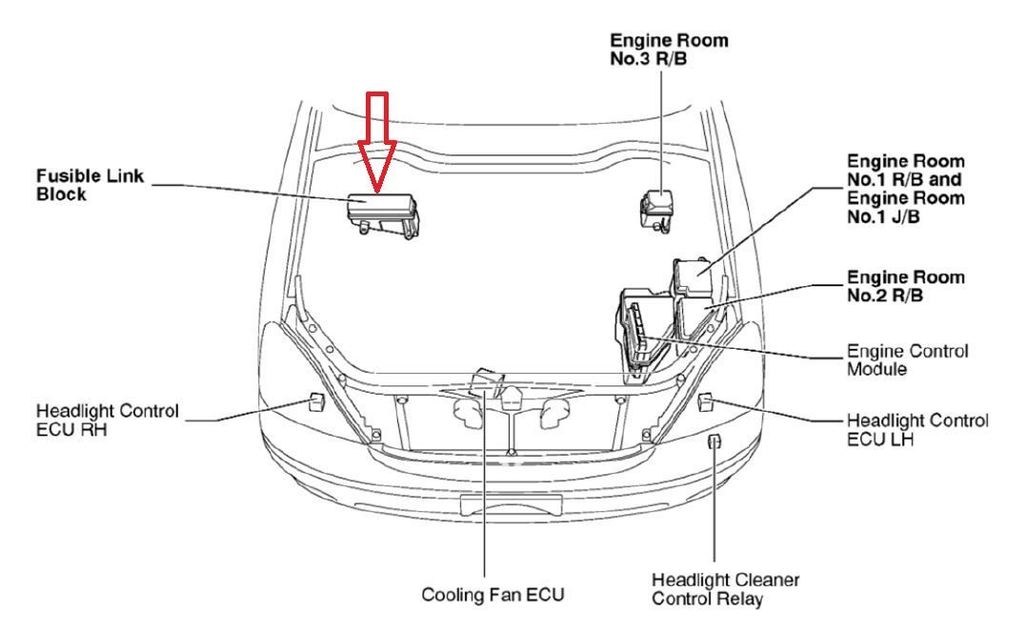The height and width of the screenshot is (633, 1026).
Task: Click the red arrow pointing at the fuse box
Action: [x=377, y=142]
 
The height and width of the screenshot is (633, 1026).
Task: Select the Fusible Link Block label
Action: [x=90, y=185]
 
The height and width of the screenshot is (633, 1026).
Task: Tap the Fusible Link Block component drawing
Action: [x=383, y=215]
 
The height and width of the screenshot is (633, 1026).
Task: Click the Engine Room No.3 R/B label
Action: [x=669, y=50]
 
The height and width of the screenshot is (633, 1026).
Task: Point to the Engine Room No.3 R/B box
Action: [x=655, y=209]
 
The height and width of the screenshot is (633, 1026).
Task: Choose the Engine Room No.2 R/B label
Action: [x=906, y=287]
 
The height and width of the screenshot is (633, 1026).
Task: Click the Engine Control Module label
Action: [x=907, y=360]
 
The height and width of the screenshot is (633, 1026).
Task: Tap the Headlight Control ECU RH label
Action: [x=108, y=420]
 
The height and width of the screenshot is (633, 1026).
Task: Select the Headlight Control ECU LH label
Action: [x=917, y=429]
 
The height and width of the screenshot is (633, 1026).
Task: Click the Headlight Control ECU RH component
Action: [x=316, y=402]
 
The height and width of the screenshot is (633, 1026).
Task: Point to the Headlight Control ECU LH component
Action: [x=705, y=402]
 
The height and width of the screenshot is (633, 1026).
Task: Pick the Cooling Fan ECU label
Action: [x=493, y=594]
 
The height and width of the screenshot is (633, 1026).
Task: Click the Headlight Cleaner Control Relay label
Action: [x=726, y=589]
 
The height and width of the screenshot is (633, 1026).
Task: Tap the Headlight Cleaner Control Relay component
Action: [x=714, y=441]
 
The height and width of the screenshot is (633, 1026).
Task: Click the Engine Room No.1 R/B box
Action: [x=693, y=277]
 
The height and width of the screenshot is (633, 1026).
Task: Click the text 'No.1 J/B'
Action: [x=883, y=216]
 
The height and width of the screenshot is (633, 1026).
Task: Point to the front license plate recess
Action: [x=511, y=505]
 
